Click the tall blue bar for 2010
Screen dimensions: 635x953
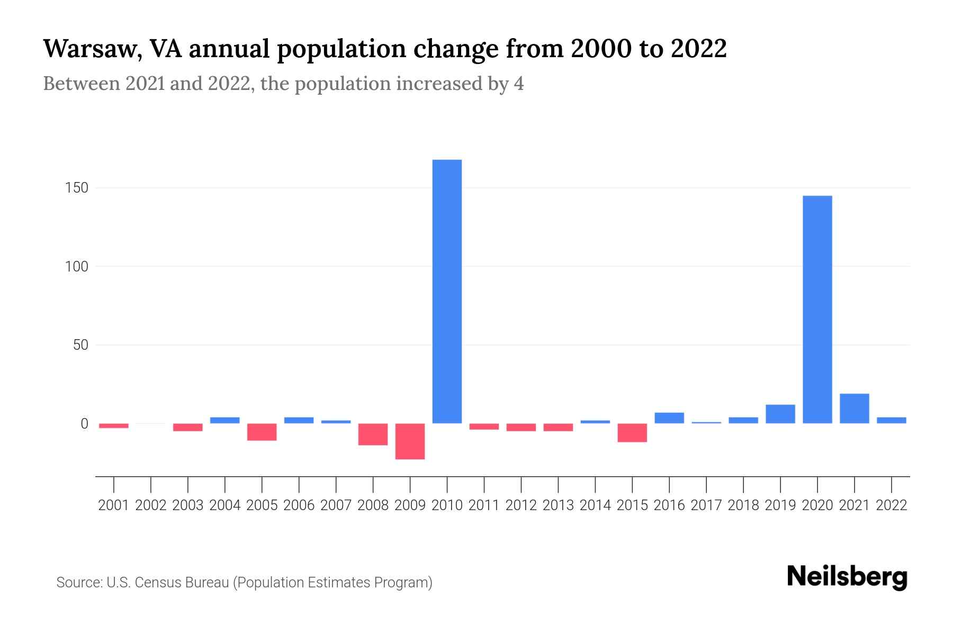click(447, 291)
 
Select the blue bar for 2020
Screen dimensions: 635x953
click(817, 310)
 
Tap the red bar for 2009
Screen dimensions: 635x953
click(410, 441)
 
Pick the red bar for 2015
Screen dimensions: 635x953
click(632, 432)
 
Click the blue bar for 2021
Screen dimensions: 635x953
click(854, 409)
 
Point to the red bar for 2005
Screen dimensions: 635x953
click(262, 432)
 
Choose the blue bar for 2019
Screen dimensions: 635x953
click(780, 414)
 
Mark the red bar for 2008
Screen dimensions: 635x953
click(373, 434)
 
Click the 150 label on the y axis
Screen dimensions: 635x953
click(77, 188)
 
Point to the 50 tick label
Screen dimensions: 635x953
click(80, 345)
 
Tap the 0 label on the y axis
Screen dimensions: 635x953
click(84, 424)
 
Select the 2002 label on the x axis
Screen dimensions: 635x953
click(151, 505)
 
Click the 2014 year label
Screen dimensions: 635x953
click(595, 505)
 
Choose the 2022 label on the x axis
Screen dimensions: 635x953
click(892, 505)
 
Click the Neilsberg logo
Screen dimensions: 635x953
click(847, 577)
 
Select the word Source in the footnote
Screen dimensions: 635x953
click(78, 583)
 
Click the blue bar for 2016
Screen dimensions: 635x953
click(669, 418)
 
